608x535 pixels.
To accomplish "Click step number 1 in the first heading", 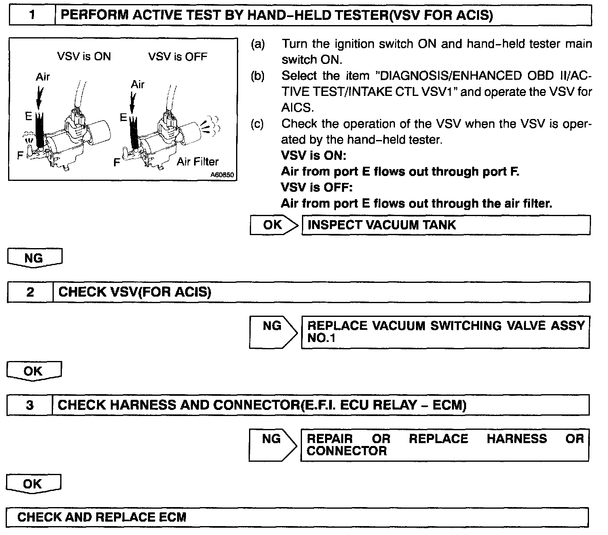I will coord(32,15).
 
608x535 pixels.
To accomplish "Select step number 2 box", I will coord(30,292).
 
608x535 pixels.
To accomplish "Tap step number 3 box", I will coord(30,405).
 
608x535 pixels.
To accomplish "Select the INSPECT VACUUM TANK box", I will coord(445,225).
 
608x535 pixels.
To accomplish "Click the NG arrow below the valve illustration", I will coord(34,258).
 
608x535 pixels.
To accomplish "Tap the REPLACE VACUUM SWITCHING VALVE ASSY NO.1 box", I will coord(445,332).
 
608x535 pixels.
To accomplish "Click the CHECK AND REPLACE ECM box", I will coord(297,517).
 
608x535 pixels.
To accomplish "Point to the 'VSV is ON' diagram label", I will coord(84,56).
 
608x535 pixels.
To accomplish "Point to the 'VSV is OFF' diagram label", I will coord(177,56).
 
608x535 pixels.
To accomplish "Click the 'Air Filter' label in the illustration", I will coord(198,161).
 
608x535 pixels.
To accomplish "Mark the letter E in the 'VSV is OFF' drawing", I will coord(124,117).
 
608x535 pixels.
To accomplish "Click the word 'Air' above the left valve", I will coord(43,76).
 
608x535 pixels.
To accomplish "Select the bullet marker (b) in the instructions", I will coord(258,76).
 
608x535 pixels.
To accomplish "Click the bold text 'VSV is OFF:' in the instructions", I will coord(317,187).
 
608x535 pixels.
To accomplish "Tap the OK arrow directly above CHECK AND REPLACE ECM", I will coord(34,484).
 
